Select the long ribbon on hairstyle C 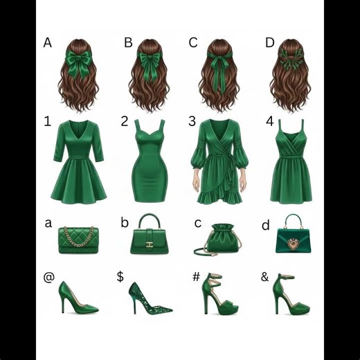pos(221,69)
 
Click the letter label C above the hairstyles pos(193,43)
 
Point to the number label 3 pos(192,122)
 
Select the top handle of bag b pos(150,222)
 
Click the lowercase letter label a pos(48,223)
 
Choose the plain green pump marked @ pos(77,298)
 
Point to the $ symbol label pos(120,276)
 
